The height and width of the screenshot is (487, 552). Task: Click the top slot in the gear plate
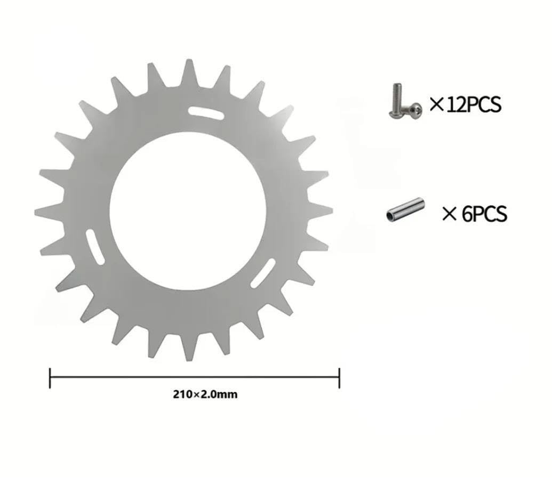[206, 113]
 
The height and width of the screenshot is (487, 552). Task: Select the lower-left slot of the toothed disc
[95, 247]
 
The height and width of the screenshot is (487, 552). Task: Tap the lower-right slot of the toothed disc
[262, 273]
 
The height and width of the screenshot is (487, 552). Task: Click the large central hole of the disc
[188, 211]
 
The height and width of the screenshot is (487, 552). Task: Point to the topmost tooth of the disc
[189, 72]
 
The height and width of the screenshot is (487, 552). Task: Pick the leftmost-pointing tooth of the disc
[49, 212]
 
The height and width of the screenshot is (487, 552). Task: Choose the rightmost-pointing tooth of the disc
[318, 210]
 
